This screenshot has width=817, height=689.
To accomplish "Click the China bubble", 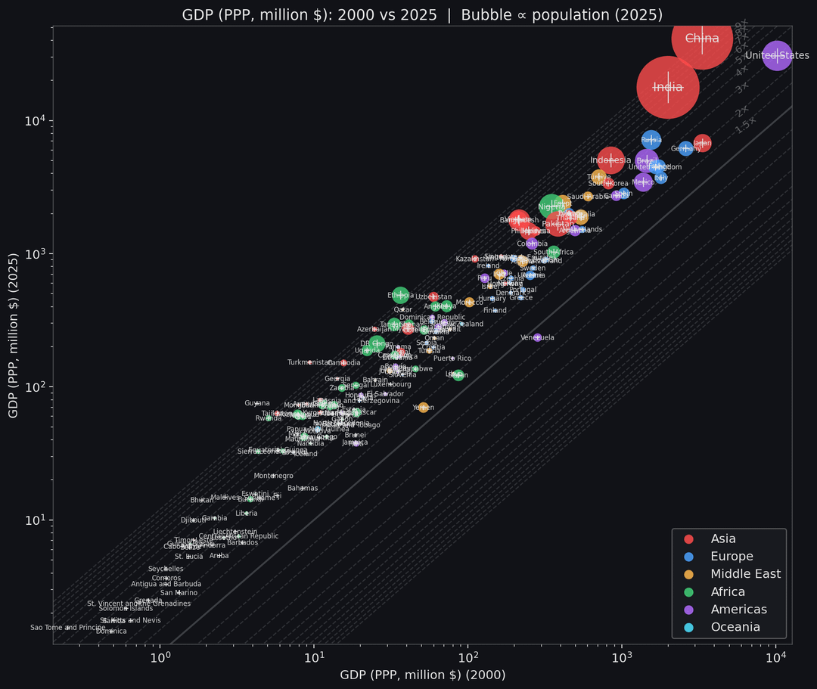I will [x=702, y=38].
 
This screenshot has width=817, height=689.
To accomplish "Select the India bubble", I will [x=667, y=87].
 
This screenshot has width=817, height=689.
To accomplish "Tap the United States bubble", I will [x=777, y=55].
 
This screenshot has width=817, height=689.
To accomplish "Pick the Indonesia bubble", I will [x=610, y=160].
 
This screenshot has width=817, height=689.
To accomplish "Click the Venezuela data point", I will [x=538, y=337].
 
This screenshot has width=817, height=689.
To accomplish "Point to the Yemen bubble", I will [x=423, y=407].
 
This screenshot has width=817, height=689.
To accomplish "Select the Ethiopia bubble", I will [x=400, y=295].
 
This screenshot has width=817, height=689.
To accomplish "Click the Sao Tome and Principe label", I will [x=67, y=627].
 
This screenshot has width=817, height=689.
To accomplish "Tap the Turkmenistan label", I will [x=309, y=362].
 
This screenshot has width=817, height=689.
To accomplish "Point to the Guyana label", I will [x=257, y=403].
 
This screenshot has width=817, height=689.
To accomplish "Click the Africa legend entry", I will [x=727, y=591].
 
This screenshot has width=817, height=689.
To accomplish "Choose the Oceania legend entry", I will [x=735, y=627].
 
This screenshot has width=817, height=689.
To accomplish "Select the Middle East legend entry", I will [x=745, y=574].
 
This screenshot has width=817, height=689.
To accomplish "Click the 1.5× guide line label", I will [x=746, y=126].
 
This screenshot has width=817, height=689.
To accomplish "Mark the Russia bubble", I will [x=651, y=140].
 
